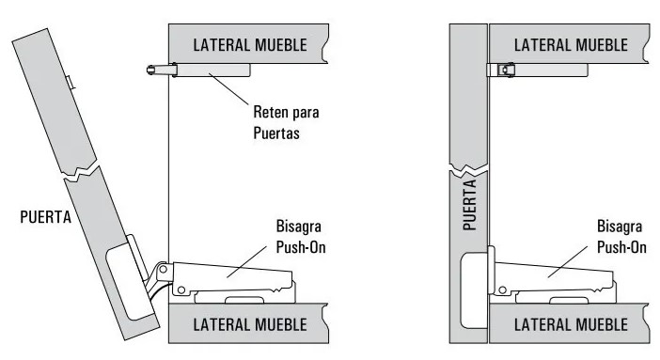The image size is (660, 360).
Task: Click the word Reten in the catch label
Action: pos(272,112)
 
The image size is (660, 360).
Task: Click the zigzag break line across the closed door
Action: pos(467,170)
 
